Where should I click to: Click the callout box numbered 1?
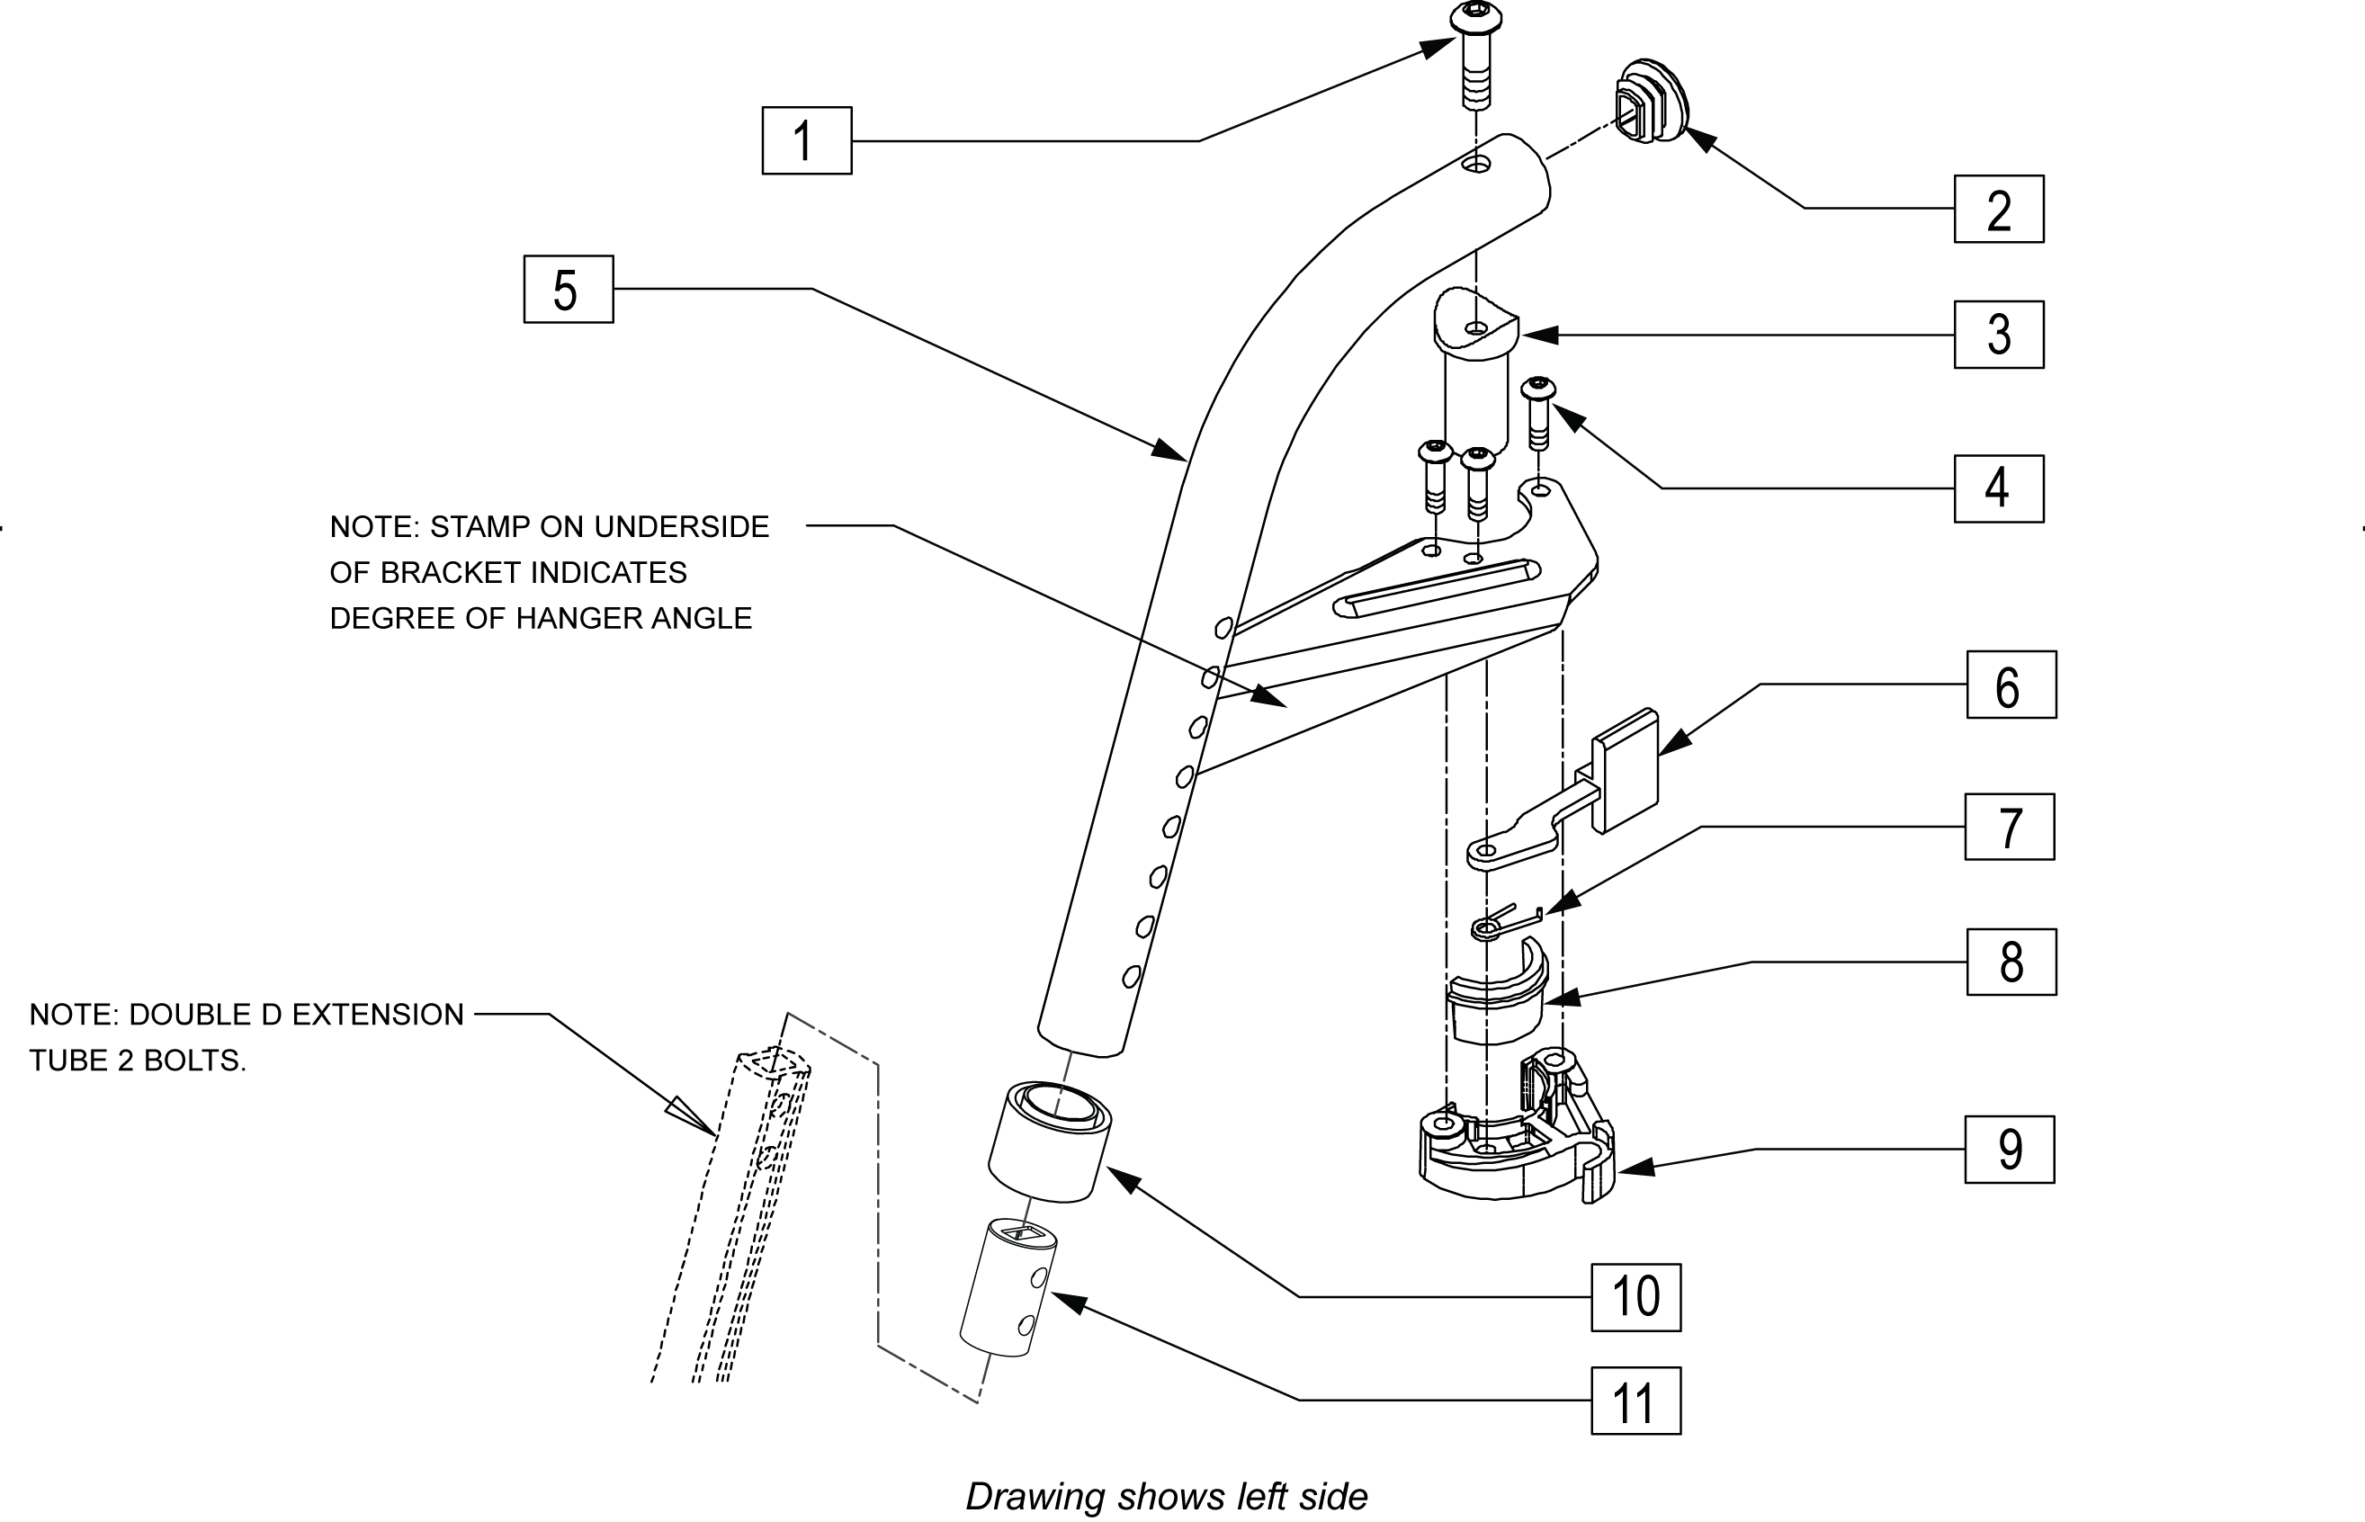click(806, 140)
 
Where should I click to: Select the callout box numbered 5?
click(569, 289)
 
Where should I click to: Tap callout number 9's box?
click(2009, 1150)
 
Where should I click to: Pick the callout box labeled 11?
click(1635, 1401)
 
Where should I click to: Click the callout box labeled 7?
click(2009, 828)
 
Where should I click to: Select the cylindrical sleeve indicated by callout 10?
click(1050, 1141)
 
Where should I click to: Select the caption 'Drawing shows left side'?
click(1166, 1496)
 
